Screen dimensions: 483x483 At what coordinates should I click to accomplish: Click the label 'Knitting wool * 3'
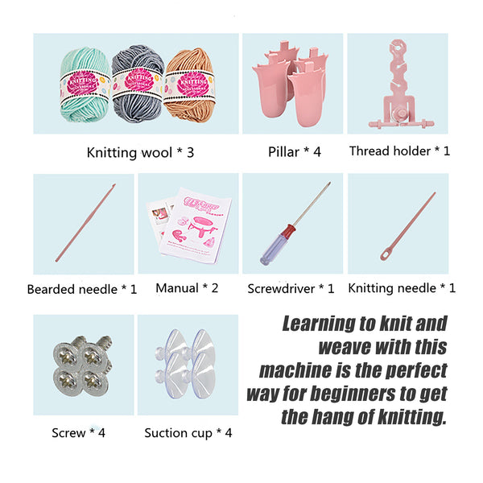140,151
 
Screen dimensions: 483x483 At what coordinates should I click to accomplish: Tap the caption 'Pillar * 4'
295,151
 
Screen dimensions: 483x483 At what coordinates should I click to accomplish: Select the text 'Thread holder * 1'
399,151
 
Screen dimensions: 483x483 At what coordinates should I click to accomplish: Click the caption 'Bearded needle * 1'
82,289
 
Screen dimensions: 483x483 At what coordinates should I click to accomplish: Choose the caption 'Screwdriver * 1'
291,287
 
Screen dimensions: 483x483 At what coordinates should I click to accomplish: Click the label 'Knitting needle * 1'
402,287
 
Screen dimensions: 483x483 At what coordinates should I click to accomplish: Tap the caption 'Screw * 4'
78,433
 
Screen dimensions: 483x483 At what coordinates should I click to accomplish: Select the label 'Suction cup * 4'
188,433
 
